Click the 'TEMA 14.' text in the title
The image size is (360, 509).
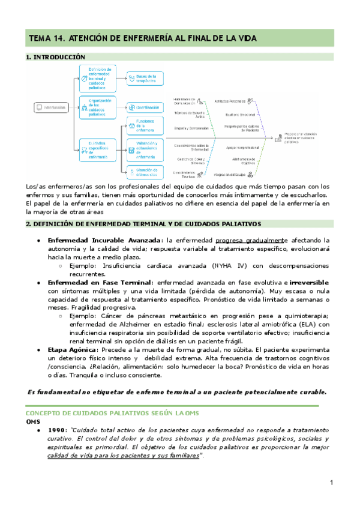point(46,38)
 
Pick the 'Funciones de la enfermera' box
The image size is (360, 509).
point(145,125)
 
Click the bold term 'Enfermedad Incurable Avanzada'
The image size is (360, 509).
point(99,240)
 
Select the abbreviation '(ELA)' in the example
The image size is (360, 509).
point(308,324)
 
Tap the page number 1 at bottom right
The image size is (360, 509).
point(331,483)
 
